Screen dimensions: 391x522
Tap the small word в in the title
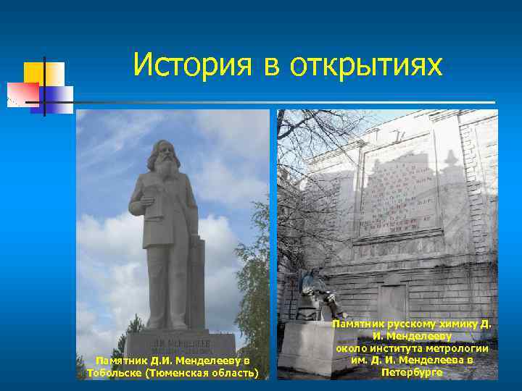[270, 67]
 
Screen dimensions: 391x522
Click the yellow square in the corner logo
[33, 73]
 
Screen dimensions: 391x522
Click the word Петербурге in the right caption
[411, 372]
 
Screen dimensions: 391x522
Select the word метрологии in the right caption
[457, 349]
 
